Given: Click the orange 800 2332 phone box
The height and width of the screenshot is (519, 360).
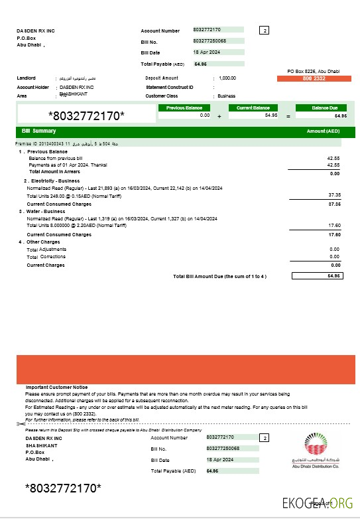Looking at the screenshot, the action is click(x=314, y=79).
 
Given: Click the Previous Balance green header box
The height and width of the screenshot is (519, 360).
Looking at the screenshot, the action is click(x=184, y=108).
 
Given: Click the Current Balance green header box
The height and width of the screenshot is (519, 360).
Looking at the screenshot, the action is click(x=253, y=108).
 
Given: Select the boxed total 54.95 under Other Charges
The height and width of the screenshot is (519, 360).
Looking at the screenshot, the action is click(x=318, y=275).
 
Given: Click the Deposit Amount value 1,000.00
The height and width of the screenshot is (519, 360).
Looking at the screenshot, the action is click(x=227, y=78).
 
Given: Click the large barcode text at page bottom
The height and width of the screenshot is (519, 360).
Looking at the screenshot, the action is click(x=63, y=489).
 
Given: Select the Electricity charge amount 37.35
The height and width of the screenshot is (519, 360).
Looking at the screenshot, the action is click(x=334, y=194).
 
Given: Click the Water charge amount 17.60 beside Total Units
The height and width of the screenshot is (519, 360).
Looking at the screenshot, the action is click(x=334, y=225).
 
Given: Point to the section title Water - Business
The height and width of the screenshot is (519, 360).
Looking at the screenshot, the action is click(x=46, y=211).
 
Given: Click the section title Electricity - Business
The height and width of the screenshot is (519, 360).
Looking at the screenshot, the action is click(x=52, y=181).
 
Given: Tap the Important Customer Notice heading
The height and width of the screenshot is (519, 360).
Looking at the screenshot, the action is click(x=56, y=387).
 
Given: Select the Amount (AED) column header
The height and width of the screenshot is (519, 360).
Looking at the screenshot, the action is click(x=324, y=131).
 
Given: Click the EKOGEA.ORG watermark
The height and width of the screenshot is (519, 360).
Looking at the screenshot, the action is click(x=318, y=502).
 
